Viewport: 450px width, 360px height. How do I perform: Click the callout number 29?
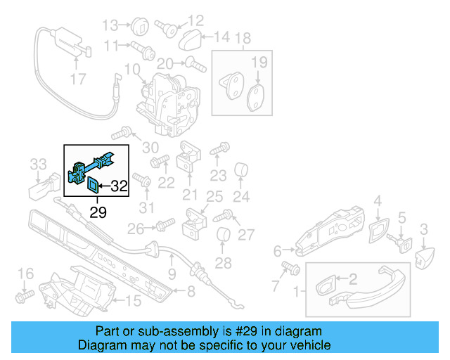(98, 212)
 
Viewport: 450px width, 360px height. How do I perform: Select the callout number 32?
(119, 186)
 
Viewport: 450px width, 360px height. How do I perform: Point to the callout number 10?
(132, 70)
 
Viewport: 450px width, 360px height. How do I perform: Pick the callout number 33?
(38, 165)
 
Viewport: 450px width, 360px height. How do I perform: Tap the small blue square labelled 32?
(92, 186)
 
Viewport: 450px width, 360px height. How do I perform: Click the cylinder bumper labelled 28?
(223, 238)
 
